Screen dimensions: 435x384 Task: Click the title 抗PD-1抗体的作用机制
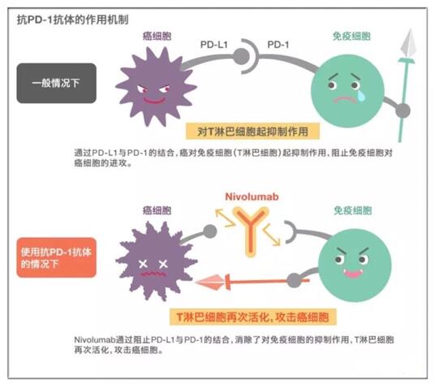pos(72,20)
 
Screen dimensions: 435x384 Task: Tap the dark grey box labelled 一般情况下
pos(57,84)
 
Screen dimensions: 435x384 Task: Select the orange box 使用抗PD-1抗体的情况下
pos(57,257)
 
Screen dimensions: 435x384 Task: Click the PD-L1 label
pos(214,45)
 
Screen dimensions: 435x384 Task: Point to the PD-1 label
pos(278,45)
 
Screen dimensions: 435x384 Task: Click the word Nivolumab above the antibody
pos(252,196)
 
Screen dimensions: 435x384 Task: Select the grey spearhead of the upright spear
pos(409,44)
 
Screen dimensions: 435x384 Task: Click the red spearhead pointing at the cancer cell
pos(211,283)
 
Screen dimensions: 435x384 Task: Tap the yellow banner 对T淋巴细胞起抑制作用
pos(252,132)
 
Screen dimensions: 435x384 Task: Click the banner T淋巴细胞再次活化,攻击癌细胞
pos(253,317)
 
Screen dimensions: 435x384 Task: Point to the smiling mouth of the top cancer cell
pos(153,101)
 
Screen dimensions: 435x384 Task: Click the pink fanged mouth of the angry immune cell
pos(353,274)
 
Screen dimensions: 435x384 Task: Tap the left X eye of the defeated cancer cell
pos(143,264)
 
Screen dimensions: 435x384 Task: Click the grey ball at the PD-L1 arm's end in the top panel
pos(241,56)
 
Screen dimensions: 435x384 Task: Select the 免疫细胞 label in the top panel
pos(351,36)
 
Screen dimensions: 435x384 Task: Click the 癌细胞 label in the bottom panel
pos(157,210)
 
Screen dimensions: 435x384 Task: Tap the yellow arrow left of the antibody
pos(226,218)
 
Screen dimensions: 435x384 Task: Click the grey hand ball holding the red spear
pos(295,281)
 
